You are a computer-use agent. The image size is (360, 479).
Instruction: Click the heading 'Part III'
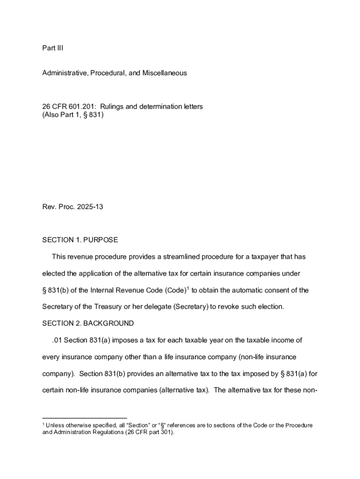(52, 48)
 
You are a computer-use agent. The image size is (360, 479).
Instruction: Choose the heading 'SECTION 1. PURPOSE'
(80, 240)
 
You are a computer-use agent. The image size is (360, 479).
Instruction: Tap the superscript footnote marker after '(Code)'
(187, 288)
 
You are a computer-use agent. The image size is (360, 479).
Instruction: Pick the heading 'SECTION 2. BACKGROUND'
(88, 324)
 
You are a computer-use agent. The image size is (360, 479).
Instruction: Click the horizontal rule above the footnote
(85, 418)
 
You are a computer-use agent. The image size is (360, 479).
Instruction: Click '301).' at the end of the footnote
(166, 433)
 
